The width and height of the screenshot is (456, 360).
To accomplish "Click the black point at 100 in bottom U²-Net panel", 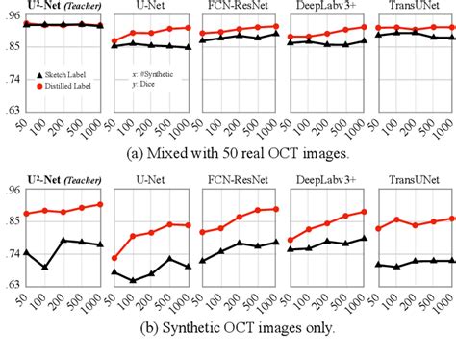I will [x=44, y=267].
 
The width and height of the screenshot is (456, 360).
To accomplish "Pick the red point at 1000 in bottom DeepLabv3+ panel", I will [x=364, y=212].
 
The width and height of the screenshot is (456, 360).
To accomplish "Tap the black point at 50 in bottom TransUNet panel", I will [x=379, y=264].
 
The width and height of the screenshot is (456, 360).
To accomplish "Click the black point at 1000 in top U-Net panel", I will [x=189, y=47].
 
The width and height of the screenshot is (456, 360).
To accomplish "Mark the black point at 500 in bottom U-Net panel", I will [x=170, y=258].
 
